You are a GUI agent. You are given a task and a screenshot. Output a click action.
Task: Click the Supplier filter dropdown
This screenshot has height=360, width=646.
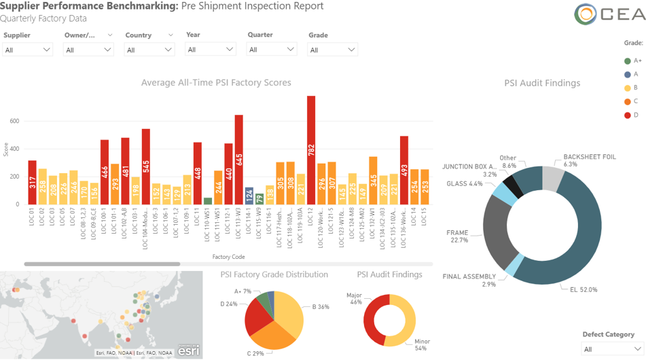(x=27, y=50)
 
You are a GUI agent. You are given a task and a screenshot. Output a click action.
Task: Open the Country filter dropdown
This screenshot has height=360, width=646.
(x=149, y=50)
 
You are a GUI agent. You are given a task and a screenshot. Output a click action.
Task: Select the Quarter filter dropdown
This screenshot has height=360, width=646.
(x=271, y=50)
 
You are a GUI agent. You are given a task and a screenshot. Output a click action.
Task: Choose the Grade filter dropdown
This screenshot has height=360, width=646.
(x=332, y=50)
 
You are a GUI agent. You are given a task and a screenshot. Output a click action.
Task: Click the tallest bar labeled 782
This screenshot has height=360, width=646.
(x=311, y=149)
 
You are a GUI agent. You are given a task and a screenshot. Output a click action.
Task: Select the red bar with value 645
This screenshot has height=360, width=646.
(x=239, y=160)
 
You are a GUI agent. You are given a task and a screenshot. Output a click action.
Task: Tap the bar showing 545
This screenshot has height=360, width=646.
(x=146, y=166)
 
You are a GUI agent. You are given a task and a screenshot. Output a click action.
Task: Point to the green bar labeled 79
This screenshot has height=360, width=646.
(x=259, y=199)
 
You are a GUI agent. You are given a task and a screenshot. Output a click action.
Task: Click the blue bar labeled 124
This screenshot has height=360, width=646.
(x=249, y=196)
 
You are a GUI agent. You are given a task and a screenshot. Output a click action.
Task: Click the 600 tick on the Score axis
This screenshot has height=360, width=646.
(x=14, y=122)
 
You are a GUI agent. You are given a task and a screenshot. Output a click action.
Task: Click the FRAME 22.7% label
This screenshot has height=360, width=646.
(x=457, y=236)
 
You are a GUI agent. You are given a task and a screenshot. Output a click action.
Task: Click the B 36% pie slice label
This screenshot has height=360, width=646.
(x=321, y=306)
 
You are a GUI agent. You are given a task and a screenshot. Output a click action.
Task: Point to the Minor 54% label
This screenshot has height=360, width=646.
(x=422, y=344)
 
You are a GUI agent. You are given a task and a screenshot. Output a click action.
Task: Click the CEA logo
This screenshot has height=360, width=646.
(x=608, y=14)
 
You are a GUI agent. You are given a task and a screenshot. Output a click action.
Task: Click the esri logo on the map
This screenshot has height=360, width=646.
(x=189, y=350)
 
